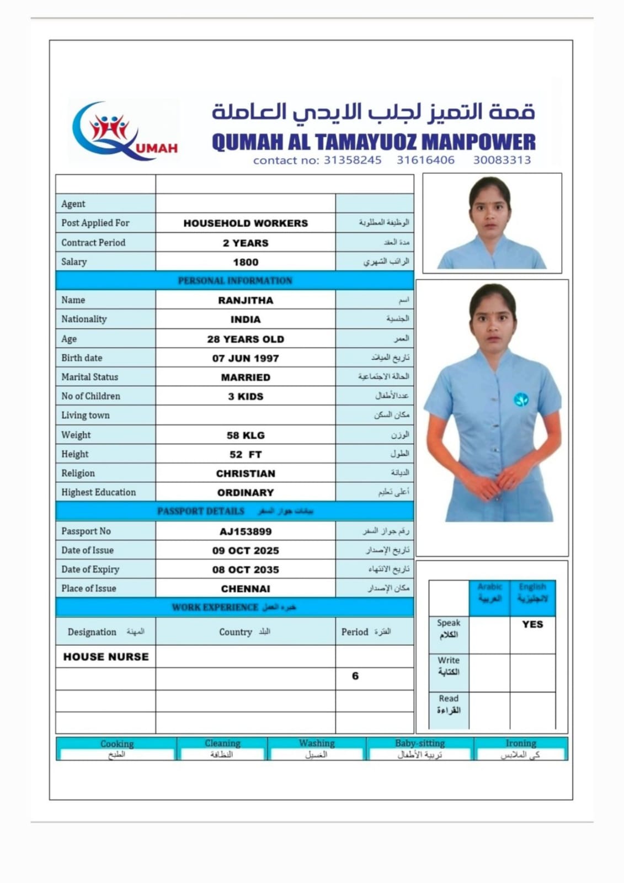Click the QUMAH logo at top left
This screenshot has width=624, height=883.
125,131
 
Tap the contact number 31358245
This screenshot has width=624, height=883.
352,160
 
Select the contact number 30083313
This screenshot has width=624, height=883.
502,160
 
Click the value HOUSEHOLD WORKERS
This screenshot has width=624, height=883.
246,224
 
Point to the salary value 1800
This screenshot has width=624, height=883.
246,262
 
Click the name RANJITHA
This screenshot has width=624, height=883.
246,300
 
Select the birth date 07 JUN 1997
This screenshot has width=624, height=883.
246,358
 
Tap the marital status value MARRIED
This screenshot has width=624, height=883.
246,377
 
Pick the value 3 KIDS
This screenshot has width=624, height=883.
246,396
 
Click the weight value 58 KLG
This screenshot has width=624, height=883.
246,435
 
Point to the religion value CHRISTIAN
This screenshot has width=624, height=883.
246,474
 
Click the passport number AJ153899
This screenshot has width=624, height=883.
246,531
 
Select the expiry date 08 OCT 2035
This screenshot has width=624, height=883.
246,570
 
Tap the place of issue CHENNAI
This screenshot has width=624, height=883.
246,589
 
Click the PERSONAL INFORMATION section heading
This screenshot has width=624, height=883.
235,280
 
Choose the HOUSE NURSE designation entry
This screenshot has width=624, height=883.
106,657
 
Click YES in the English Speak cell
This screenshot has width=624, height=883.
532,624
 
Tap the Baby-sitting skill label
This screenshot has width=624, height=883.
420,743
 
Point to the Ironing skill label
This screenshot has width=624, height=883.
521,743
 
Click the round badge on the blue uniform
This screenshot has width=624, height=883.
521,399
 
